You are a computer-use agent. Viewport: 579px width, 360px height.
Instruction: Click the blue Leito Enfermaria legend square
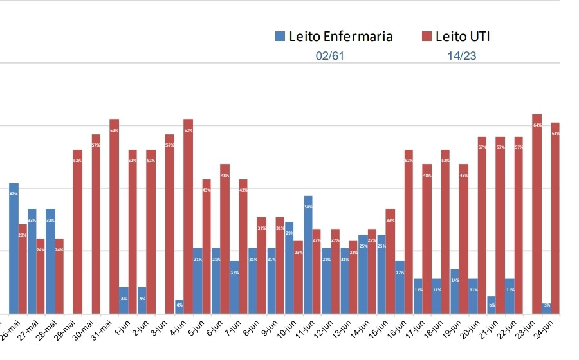pos(280,37)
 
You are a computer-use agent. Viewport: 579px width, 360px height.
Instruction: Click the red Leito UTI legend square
pos(426,37)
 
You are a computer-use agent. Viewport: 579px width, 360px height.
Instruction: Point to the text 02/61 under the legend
pos(330,56)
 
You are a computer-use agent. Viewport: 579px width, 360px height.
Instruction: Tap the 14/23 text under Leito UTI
pos(462,56)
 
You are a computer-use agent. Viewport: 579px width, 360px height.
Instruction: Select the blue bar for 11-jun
pos(308,255)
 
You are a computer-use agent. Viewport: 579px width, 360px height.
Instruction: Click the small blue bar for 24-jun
pos(546,308)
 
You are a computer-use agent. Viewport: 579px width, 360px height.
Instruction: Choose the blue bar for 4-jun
pos(179,307)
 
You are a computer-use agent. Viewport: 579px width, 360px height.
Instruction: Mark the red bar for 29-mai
pos(77,231)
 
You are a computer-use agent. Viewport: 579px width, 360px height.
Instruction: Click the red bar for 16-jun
pos(409,231)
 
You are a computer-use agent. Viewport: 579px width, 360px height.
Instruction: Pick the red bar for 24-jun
pos(555,218)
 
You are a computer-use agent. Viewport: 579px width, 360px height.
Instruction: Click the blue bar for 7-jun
pos(235,287)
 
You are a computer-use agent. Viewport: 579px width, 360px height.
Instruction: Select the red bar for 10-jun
pos(299,277)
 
